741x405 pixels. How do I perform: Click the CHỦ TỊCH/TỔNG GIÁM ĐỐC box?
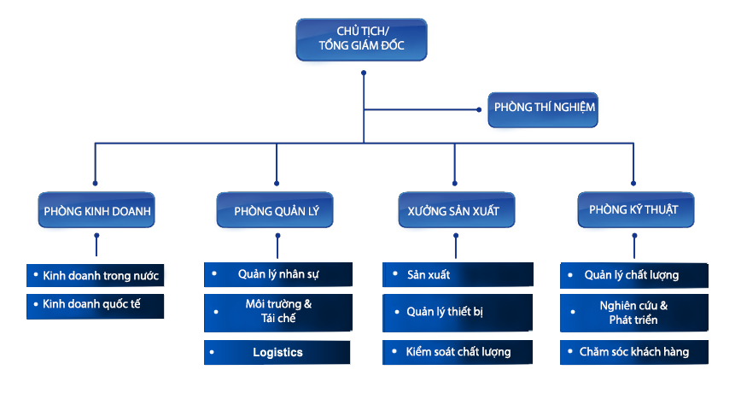(361, 39)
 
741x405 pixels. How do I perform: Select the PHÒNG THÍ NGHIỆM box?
(543, 109)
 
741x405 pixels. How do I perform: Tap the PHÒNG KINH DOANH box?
(96, 209)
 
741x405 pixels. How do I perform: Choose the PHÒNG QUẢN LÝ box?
(275, 209)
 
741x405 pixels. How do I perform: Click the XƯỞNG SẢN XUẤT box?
(456, 210)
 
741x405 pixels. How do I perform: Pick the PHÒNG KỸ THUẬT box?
(635, 209)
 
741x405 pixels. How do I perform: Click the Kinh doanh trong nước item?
(95, 276)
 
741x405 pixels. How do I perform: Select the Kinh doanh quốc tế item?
(95, 304)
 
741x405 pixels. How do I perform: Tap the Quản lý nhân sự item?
(277, 274)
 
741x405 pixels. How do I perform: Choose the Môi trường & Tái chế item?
(277, 312)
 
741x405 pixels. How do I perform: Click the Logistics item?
(277, 352)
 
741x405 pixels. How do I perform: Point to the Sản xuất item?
(458, 274)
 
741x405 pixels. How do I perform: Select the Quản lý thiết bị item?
(458, 312)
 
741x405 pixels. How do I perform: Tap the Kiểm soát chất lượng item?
(458, 351)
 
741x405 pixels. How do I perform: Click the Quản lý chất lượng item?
(634, 274)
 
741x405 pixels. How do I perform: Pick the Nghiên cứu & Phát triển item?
(634, 313)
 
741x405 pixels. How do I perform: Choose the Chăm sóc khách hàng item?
(634, 351)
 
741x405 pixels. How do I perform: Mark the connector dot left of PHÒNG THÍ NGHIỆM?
(479, 109)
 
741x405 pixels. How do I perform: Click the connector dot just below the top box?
(364, 73)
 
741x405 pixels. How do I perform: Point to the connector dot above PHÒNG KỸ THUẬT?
(633, 182)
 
